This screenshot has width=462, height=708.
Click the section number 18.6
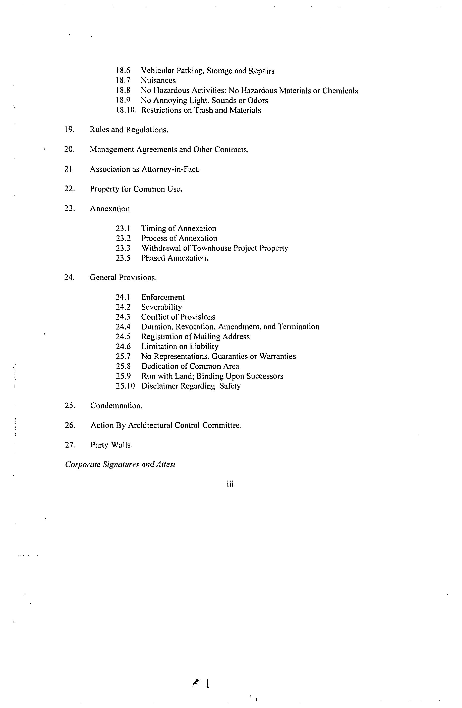[x=123, y=71]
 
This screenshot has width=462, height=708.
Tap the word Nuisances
[x=158, y=81]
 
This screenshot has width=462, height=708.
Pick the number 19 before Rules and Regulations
[x=69, y=130]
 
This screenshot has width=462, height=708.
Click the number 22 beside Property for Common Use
[x=69, y=189]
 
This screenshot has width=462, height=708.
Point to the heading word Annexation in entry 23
[x=110, y=209]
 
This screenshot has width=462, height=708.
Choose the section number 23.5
[x=123, y=258]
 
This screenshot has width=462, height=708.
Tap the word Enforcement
[x=162, y=297]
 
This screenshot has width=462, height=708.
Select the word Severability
[x=161, y=307]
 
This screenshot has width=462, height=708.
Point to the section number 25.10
[x=125, y=386]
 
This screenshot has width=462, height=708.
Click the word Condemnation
[x=116, y=406]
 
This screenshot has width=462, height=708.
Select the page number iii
[x=230, y=484]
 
